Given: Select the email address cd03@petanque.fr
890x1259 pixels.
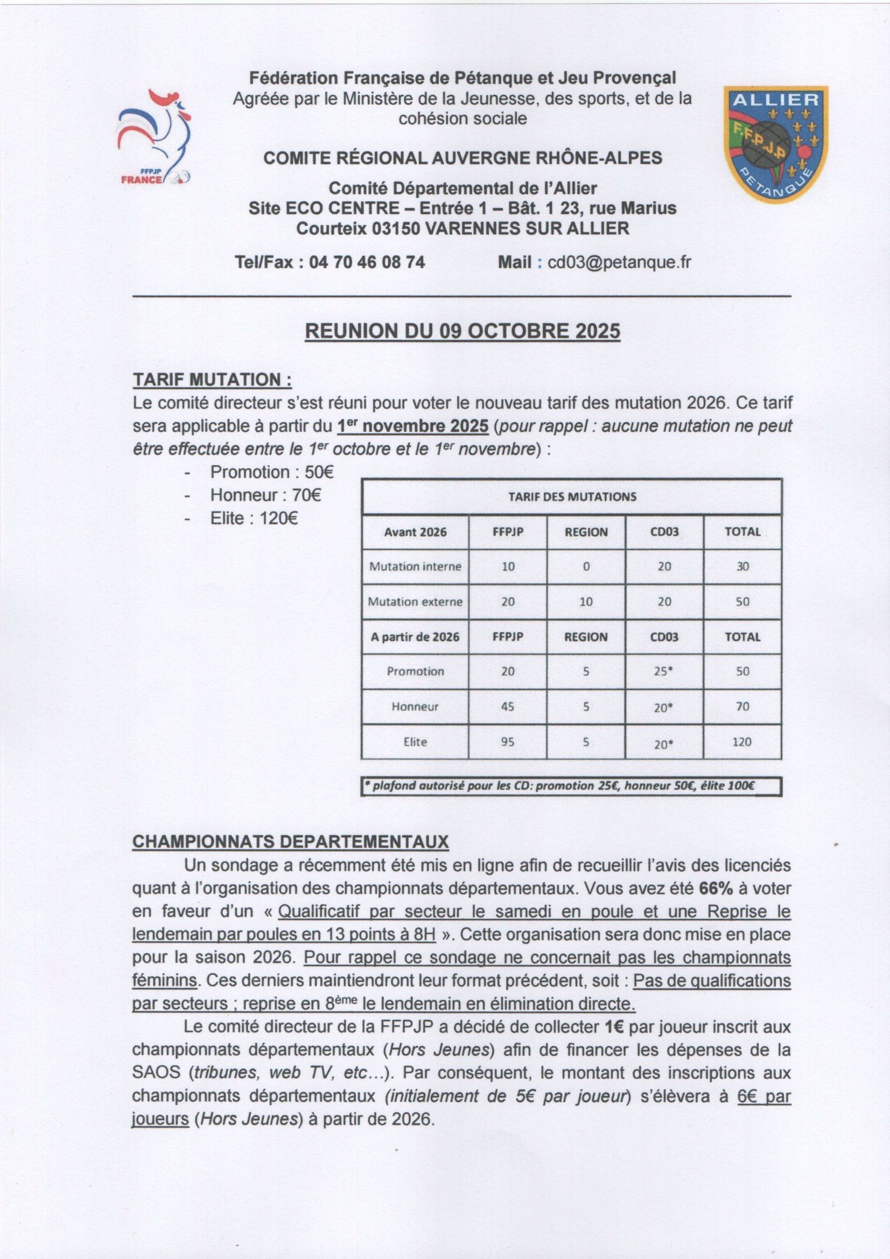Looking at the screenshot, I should pyautogui.click(x=619, y=262).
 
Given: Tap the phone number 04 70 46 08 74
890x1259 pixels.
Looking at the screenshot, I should pyautogui.click(x=367, y=262).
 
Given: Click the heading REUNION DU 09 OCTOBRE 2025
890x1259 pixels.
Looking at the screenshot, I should pyautogui.click(x=462, y=331).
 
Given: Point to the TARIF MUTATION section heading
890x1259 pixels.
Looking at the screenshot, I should pyautogui.click(x=212, y=379).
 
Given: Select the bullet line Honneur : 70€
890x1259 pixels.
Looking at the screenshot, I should pyautogui.click(x=265, y=495).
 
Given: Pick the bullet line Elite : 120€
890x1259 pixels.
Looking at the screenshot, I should pyautogui.click(x=254, y=518).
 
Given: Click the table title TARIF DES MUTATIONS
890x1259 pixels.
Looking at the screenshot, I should pyautogui.click(x=572, y=497).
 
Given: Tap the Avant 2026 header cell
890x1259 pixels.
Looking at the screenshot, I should pyautogui.click(x=415, y=532).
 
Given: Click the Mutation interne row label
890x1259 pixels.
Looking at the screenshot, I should pyautogui.click(x=415, y=566).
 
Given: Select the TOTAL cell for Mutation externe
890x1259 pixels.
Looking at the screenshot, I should pyautogui.click(x=742, y=601).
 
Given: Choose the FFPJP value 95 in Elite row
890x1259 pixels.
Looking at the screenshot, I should pyautogui.click(x=508, y=742).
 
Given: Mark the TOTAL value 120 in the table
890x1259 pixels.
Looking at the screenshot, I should pyautogui.click(x=742, y=742).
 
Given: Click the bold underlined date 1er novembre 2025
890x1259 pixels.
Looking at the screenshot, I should pyautogui.click(x=412, y=426).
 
